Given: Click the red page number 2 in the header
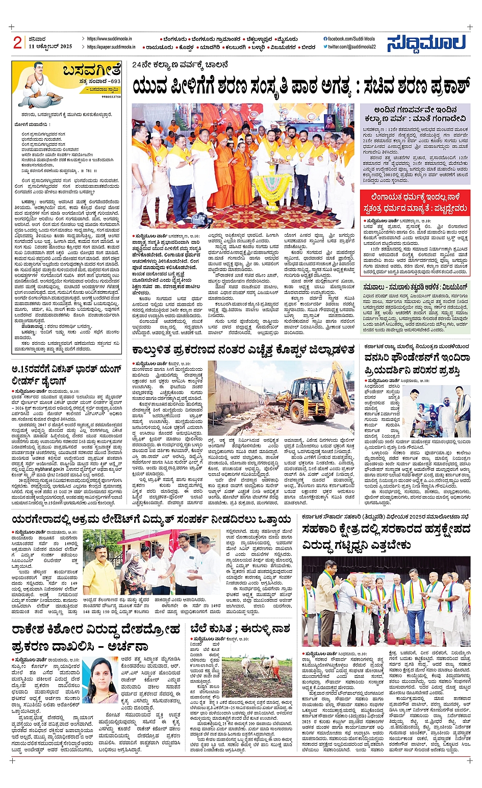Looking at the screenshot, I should [x=17, y=42].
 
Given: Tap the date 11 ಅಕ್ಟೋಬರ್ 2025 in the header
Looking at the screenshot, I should [x=50, y=46].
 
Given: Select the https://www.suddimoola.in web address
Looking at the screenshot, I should [x=109, y=39].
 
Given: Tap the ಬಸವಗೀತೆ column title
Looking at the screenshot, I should [x=92, y=70].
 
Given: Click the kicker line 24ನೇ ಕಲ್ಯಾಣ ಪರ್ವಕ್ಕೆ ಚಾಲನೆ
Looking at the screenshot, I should [x=180, y=65].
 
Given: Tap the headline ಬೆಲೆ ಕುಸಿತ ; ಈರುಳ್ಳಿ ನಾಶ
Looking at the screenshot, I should [x=240, y=628].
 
